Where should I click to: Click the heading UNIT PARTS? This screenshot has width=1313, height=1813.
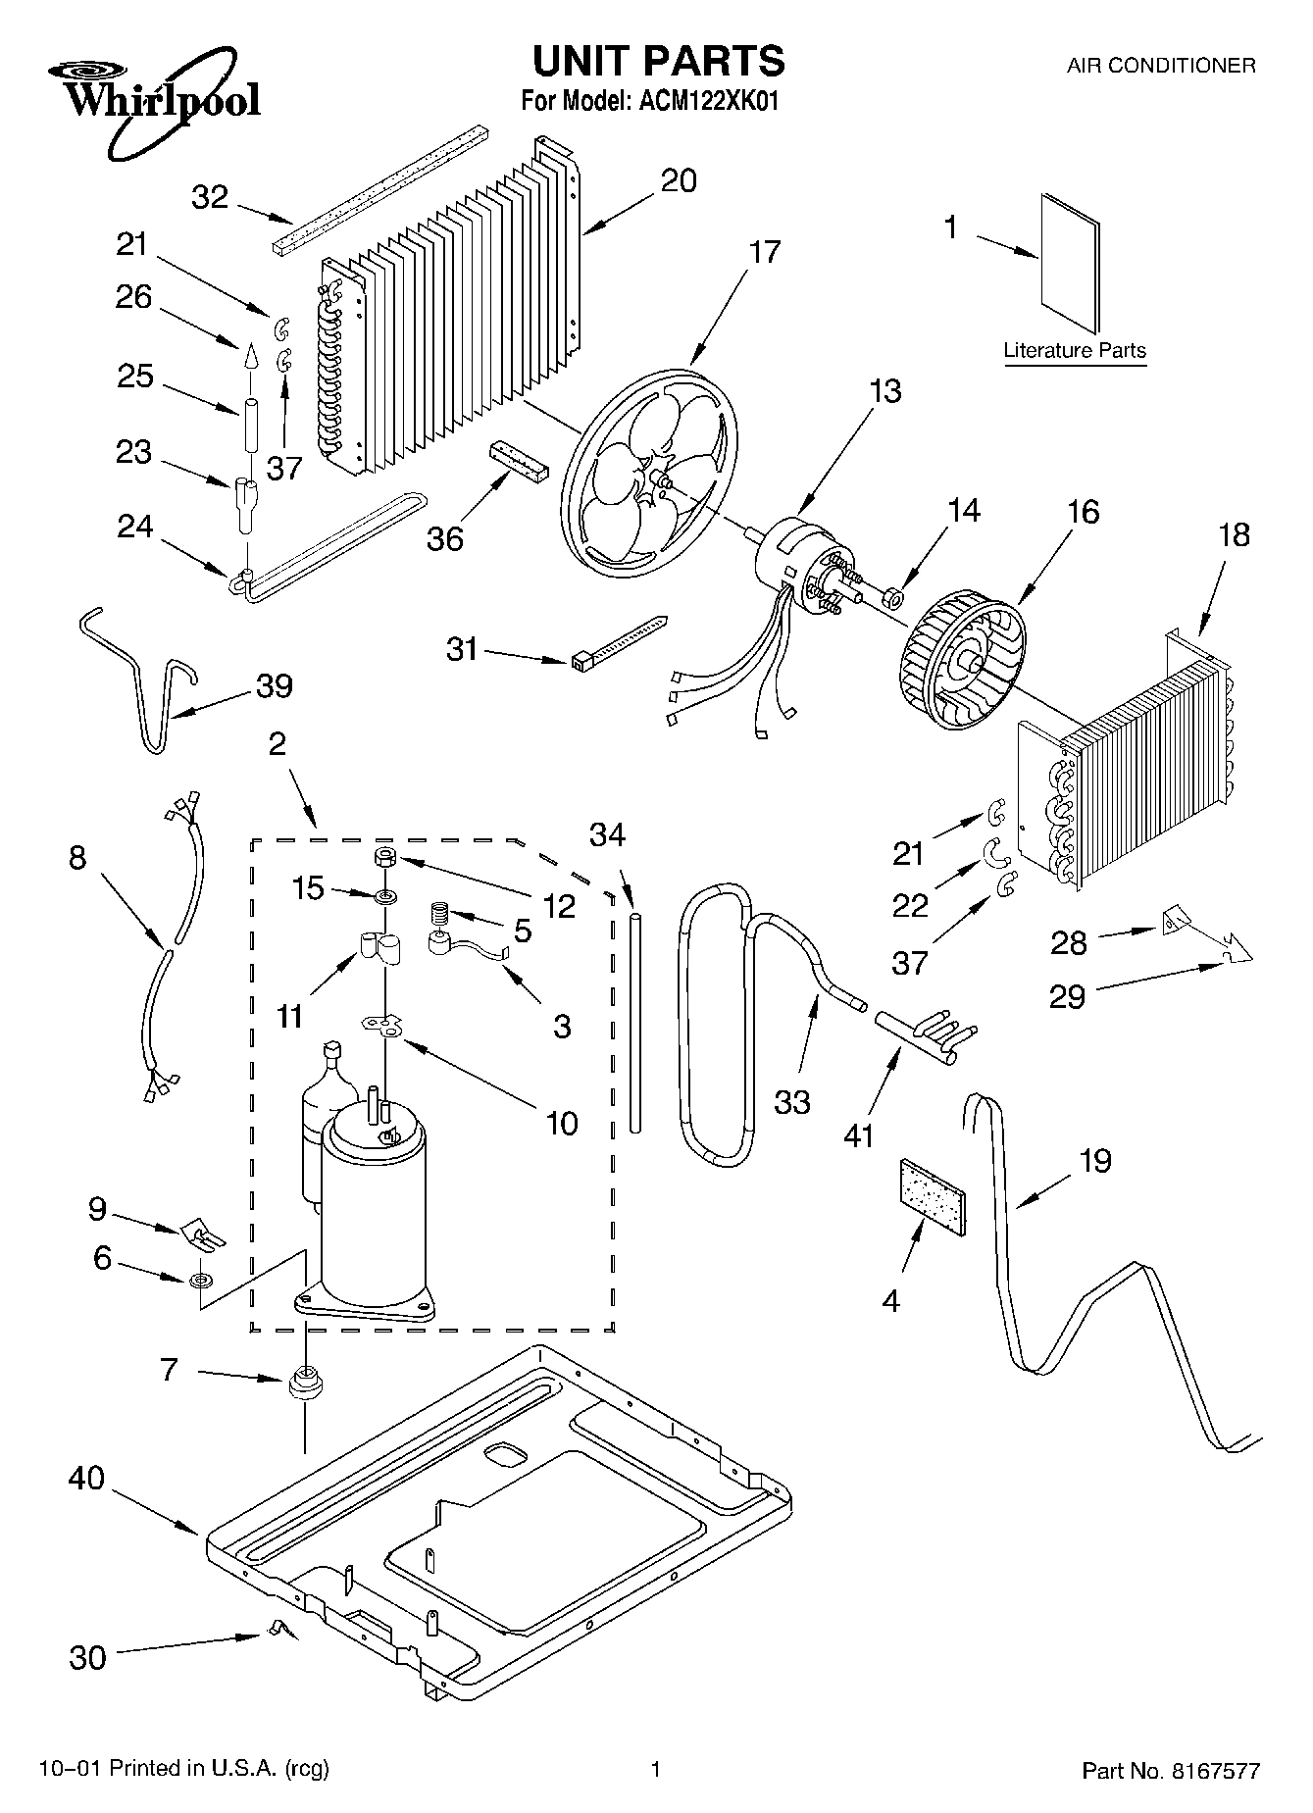tap(658, 61)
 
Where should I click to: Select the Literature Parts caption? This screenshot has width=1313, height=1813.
tap(1075, 351)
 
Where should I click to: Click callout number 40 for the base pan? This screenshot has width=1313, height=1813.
tap(86, 1479)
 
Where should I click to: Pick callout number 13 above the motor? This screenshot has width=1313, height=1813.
tap(884, 391)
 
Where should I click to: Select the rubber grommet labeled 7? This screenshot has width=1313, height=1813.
tap(305, 1385)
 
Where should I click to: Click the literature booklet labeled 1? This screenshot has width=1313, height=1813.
tap(1070, 262)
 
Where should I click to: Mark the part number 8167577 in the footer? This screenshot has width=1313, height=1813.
tap(1212, 1771)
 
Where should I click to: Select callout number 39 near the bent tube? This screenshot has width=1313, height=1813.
tap(274, 686)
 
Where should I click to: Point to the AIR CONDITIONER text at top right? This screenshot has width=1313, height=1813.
tap(1160, 66)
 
